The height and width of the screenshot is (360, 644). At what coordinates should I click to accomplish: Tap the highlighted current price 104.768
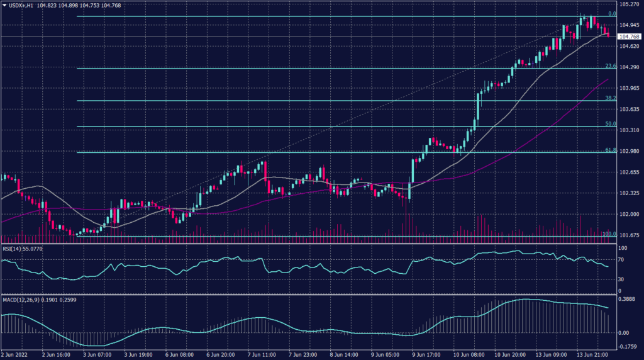630,37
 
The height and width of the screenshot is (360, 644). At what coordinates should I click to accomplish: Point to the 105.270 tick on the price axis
630,4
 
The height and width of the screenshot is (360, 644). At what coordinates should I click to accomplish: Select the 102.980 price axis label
630,151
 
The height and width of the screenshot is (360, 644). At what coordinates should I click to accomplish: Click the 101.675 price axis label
630,235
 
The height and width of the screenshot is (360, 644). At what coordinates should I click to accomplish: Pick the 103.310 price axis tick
630,130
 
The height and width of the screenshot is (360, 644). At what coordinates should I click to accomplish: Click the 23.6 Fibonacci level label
609,65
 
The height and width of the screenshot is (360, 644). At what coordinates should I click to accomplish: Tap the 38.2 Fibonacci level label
609,98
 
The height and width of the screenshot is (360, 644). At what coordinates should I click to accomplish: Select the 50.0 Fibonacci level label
609,124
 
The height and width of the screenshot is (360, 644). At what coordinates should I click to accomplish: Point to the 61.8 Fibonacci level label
609,150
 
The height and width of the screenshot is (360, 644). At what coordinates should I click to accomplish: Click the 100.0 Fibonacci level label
608,234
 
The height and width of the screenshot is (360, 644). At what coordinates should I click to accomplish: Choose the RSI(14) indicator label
14,249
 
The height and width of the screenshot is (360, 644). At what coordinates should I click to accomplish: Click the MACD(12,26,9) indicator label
23,300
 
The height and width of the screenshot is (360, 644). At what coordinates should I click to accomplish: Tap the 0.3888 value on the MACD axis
629,300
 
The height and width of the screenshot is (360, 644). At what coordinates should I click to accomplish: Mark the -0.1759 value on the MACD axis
630,346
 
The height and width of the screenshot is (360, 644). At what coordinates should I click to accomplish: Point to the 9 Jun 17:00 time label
425,354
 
